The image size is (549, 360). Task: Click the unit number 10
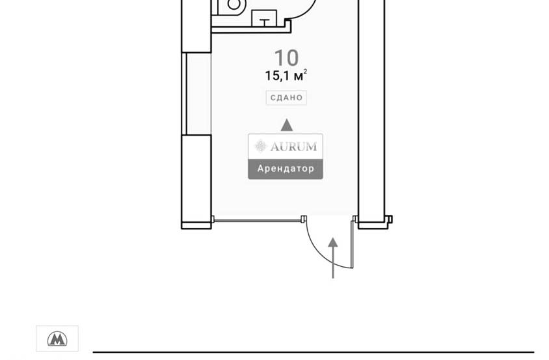pos(286,58)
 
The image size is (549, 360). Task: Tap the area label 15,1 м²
pos(286,76)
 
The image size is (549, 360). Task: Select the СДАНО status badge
pos(286,98)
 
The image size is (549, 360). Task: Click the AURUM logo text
pos(293,146)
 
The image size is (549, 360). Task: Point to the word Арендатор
pos(286,169)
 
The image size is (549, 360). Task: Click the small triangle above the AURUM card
pos(287,125)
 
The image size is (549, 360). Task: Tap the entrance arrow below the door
pos(333,258)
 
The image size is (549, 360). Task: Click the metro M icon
pos(57,339)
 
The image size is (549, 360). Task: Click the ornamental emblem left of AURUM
pos(260,146)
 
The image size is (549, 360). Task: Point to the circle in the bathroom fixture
pos(234,4)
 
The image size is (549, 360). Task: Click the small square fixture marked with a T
pos(264,19)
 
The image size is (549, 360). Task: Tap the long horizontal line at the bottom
pos(314,352)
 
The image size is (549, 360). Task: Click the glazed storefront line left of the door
pos(258,221)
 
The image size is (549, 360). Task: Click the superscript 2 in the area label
pos(305,72)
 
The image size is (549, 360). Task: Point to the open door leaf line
pos(353,244)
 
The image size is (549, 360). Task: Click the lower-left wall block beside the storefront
pos(196,182)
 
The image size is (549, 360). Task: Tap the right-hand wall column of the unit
pos(371,112)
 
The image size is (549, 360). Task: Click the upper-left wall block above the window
pos(196,26)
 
